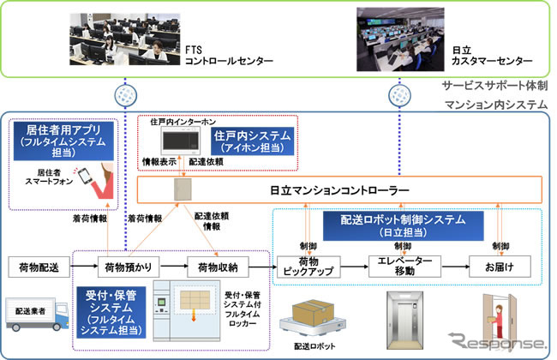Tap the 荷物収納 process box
click(x=218, y=267)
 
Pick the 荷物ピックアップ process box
click(x=306, y=267)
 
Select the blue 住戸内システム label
click(x=253, y=141)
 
